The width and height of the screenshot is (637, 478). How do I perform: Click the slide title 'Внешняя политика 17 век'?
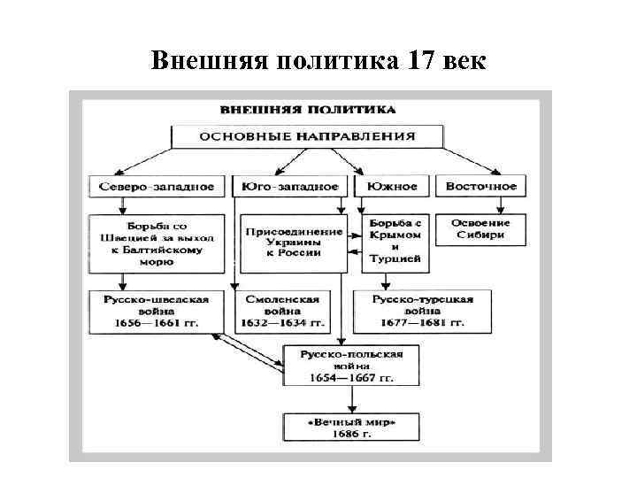pos(318,61)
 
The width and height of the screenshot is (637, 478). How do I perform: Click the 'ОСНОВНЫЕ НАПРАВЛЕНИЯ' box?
pos(307,137)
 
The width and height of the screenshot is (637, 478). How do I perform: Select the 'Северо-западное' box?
pos(157,187)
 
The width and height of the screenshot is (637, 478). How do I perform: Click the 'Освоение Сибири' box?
pos(481,228)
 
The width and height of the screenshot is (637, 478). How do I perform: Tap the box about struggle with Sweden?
pos(157,238)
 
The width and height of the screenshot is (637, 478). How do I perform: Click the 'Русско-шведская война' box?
pos(157,311)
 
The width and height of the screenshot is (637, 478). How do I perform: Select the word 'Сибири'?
pos(481,235)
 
